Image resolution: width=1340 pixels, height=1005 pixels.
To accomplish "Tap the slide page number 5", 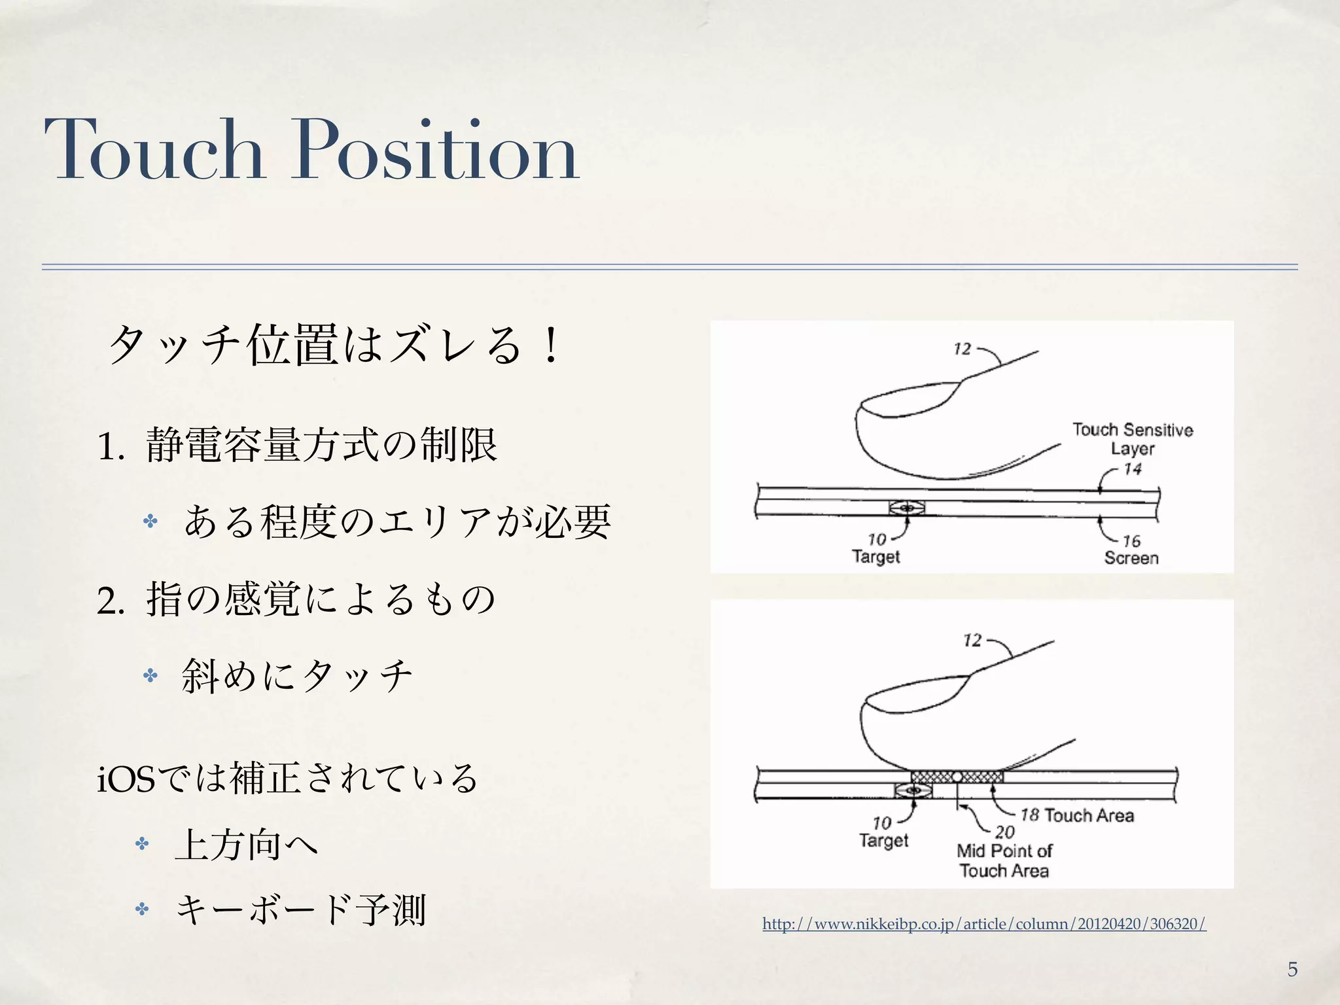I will (x=1292, y=969).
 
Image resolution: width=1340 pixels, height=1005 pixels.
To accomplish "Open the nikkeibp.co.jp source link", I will (x=984, y=924).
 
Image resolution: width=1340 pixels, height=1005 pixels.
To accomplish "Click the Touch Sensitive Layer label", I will (x=1133, y=439).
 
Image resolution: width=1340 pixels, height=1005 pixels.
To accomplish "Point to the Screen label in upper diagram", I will (x=1131, y=558).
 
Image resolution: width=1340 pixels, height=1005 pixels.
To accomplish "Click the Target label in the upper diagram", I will (x=875, y=557).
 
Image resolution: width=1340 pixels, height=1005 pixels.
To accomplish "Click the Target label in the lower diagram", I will (x=883, y=840).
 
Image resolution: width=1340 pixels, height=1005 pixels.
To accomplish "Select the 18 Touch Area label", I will (x=1078, y=815).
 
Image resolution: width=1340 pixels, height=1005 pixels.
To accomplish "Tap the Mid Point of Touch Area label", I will (x=1004, y=860).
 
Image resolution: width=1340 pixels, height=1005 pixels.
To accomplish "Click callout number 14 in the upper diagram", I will (x=1133, y=469).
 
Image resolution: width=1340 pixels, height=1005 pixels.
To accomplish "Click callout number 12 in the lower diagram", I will (x=972, y=640).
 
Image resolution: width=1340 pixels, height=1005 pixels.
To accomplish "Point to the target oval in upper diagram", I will (x=907, y=507).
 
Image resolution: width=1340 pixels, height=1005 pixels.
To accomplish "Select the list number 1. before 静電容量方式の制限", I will (x=111, y=448).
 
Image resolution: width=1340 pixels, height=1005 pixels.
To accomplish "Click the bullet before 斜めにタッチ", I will (x=150, y=675).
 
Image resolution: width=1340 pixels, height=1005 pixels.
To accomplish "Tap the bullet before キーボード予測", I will (x=142, y=909).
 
